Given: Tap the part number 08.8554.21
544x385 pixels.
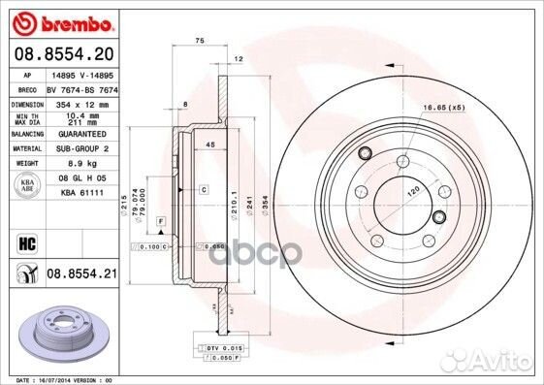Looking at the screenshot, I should pyautogui.click(x=80, y=275).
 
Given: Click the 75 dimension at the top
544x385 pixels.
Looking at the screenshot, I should pyautogui.click(x=199, y=40).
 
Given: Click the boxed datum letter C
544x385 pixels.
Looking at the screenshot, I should pyautogui.click(x=205, y=190).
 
